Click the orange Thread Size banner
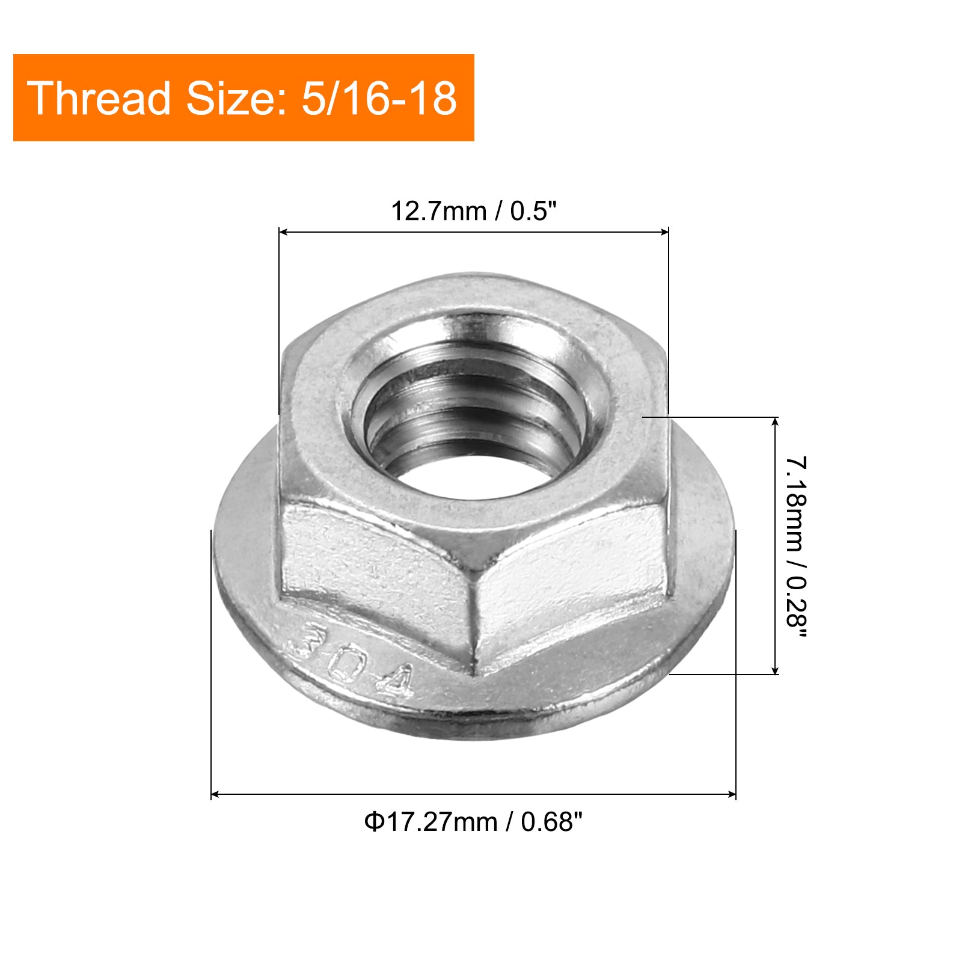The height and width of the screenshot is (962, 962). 244,98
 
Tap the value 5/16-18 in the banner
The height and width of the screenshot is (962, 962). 379,98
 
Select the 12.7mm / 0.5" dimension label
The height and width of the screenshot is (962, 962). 474,211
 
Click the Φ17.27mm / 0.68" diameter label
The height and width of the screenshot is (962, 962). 474,821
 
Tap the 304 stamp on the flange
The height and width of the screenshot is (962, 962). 352,660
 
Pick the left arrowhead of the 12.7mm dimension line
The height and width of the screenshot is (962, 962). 284,232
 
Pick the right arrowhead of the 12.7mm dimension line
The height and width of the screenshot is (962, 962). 663,232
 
